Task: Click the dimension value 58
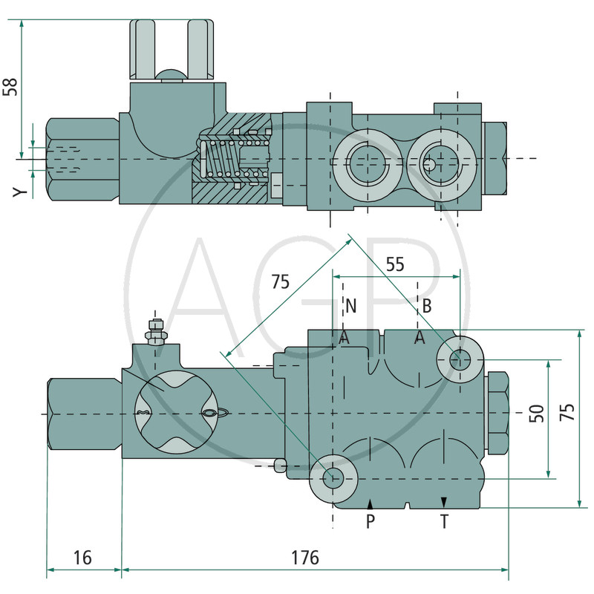pos(10,86)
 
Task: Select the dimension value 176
pos(304,558)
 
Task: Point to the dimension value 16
pos(82,558)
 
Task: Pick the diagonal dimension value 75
pos(280,282)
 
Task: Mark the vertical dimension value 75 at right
pos(567,414)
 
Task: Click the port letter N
pos(350,305)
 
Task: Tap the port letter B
pos(427,305)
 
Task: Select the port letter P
pos(371,522)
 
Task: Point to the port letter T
pos(444,522)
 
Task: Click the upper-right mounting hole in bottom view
pos(460,360)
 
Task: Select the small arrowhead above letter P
pos(370,505)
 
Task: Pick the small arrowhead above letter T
pos(443,503)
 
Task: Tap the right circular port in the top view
pos(437,162)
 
